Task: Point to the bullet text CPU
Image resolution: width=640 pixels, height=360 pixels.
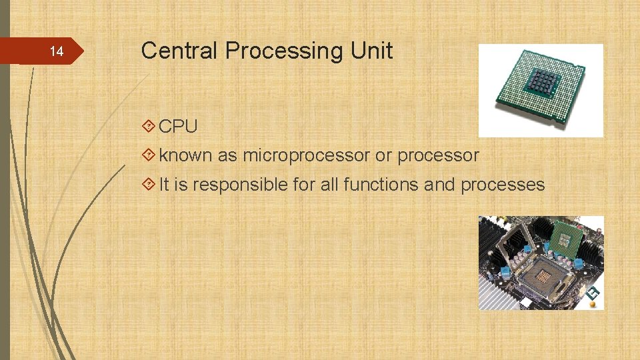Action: (178, 126)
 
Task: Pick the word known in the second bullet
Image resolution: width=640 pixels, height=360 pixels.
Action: (185, 155)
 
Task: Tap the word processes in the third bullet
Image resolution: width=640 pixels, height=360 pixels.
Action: (503, 185)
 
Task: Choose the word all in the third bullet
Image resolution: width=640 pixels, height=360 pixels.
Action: (329, 185)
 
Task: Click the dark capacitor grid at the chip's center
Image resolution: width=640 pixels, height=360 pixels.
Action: (543, 83)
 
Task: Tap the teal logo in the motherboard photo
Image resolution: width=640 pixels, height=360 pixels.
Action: (591, 294)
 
